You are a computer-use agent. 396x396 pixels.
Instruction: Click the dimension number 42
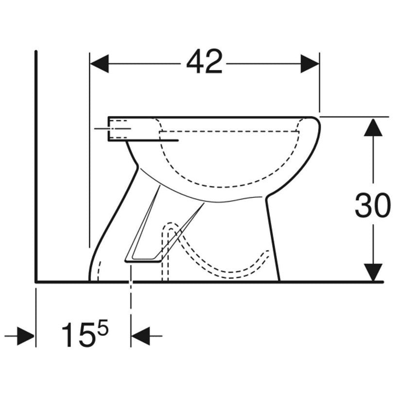click(x=204, y=61)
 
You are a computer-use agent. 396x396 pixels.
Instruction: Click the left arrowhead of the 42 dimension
click(x=99, y=64)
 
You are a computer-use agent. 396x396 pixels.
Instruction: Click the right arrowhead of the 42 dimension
click(x=310, y=64)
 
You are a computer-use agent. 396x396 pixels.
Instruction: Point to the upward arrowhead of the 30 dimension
click(x=373, y=127)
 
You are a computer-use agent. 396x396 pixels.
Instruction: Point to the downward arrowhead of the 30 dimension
click(x=373, y=272)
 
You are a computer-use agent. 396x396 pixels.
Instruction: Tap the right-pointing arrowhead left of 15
click(x=25, y=336)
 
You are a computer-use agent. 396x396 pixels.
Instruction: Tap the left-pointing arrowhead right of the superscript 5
click(x=140, y=336)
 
